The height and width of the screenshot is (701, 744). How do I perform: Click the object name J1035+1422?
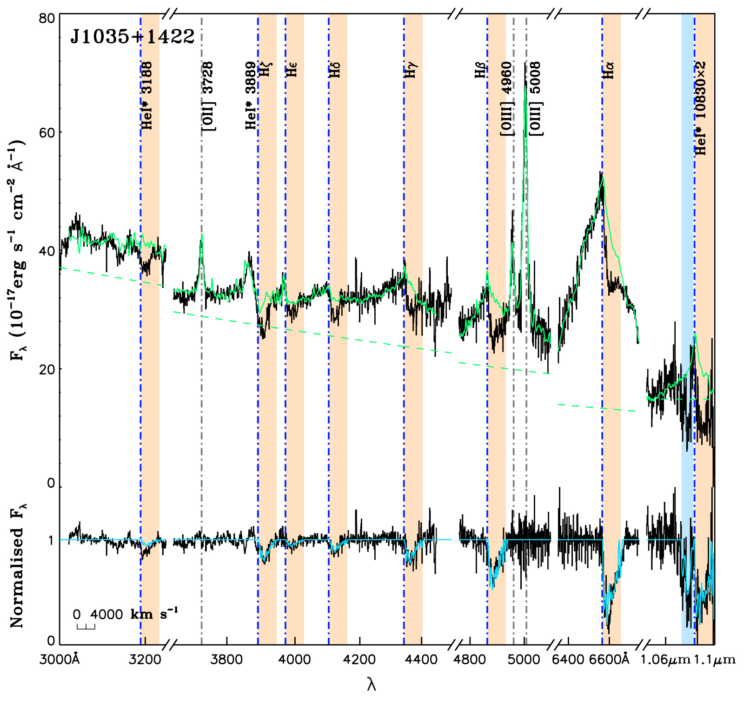pyautogui.click(x=132, y=36)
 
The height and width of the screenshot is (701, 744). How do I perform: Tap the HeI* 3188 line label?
pyautogui.click(x=147, y=96)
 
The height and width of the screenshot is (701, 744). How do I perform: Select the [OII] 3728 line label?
pyautogui.click(x=208, y=96)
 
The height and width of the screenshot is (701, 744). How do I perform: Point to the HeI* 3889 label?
pyautogui.click(x=251, y=96)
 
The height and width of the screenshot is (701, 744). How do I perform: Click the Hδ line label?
pyautogui.click(x=335, y=70)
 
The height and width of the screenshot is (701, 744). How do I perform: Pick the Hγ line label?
pyautogui.click(x=410, y=70)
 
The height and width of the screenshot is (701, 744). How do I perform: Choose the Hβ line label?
pyautogui.click(x=481, y=70)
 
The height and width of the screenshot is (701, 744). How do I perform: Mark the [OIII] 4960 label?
pyautogui.click(x=507, y=98)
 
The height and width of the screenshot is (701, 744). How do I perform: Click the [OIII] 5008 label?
pyautogui.click(x=536, y=98)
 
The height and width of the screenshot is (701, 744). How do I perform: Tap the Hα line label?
pyautogui.click(x=608, y=70)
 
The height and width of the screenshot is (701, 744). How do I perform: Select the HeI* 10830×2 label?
pyautogui.click(x=700, y=108)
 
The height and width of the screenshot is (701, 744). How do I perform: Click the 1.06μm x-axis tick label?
pyautogui.click(x=665, y=659)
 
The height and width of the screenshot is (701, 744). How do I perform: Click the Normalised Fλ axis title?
pyautogui.click(x=18, y=564)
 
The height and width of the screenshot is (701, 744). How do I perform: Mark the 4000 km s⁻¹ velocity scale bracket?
pyautogui.click(x=86, y=627)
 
